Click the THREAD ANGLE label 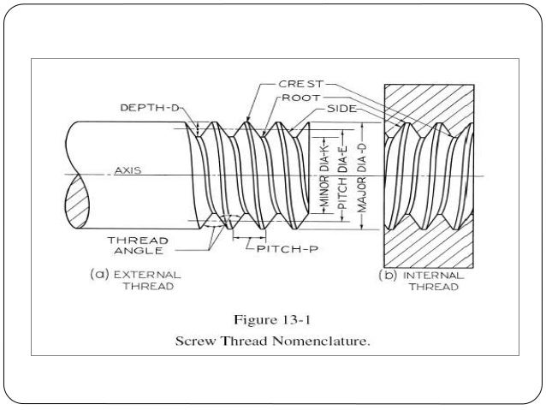point(140,246)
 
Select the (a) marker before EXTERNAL point(98,275)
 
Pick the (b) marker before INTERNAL point(386,276)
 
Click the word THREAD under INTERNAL point(433,288)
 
